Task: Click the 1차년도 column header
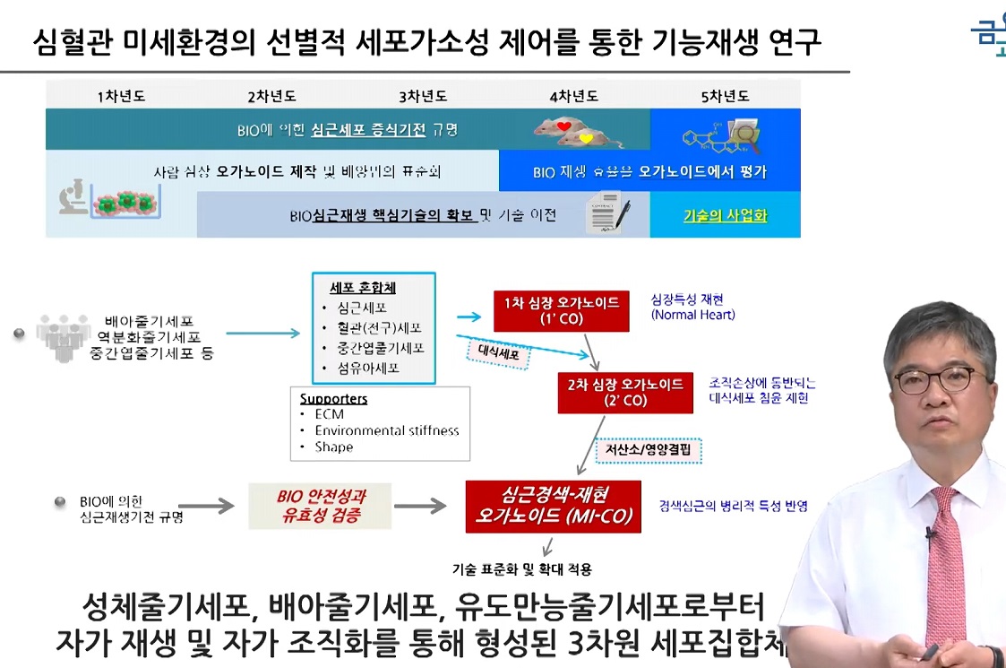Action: [120, 96]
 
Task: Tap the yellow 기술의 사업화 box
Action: [725, 216]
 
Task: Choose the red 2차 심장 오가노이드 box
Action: [625, 392]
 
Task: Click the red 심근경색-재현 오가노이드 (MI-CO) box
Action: [553, 507]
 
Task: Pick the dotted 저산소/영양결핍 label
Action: [650, 450]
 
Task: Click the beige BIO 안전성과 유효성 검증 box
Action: [321, 507]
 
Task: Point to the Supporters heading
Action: [333, 399]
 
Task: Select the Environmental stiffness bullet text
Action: [386, 430]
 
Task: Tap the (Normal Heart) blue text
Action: [692, 315]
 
